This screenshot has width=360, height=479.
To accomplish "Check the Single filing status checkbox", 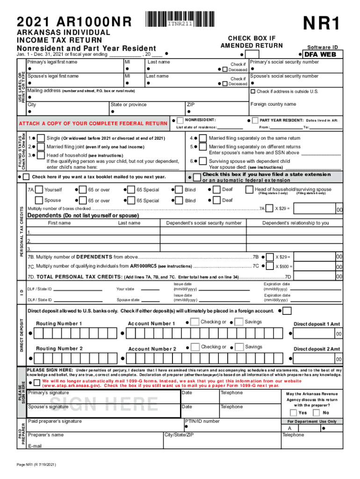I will coord(41,138).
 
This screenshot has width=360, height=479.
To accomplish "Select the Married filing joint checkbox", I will coord(41,146).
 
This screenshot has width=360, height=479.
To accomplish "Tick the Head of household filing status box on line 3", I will coord(41,155).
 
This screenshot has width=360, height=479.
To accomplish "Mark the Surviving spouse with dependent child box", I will coord(203,161).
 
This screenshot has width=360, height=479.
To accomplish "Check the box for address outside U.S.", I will coord(253,91).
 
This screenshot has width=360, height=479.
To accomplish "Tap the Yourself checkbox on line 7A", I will coord(39,189).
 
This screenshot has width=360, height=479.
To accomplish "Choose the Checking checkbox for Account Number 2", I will coord(194,347).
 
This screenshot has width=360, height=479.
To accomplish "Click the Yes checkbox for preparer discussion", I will coord(293,413).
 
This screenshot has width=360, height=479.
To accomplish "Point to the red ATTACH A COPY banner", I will coord(92,123).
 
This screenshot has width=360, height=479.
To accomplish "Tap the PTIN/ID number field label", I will coord(202,421).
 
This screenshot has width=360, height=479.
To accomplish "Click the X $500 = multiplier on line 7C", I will coord(283,267).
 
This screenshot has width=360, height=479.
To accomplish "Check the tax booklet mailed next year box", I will coord(27,177).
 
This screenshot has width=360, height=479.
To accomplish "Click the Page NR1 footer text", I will coord(36,465).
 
